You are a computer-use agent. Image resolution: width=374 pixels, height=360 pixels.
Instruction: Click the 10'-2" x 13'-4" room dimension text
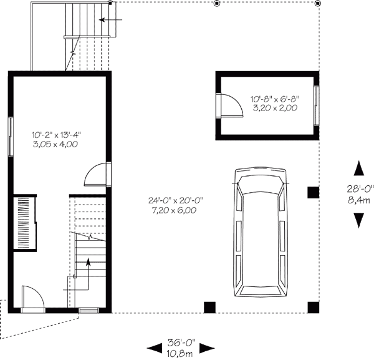click(57, 134)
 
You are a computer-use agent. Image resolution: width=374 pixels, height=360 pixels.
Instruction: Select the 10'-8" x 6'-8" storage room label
click(274, 99)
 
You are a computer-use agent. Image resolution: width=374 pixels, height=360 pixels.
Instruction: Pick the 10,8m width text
click(181, 353)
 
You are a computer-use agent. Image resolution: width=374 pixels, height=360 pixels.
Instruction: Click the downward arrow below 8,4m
click(359, 220)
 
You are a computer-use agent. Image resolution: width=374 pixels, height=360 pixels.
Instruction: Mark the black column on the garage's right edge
click(313, 193)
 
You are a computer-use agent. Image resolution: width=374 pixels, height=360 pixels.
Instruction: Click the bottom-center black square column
click(210, 306)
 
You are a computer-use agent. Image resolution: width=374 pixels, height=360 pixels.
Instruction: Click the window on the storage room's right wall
click(316, 104)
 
